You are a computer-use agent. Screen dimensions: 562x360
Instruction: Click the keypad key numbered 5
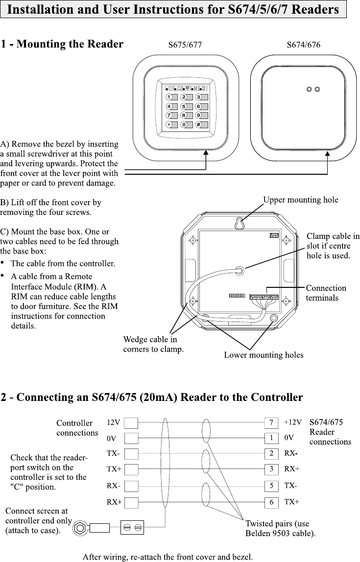184,106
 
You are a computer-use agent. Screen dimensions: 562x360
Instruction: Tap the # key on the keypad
198,124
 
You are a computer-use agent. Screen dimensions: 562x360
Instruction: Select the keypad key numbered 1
169,97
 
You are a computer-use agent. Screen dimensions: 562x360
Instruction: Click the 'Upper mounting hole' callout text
301,200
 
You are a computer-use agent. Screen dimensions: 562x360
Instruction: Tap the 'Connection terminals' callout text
326,293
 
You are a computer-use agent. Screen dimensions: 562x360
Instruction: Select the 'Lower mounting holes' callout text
264,355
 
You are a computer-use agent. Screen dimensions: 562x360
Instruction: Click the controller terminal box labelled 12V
131,422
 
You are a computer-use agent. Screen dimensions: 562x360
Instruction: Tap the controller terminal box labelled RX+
131,502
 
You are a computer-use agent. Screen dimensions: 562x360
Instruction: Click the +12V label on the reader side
293,422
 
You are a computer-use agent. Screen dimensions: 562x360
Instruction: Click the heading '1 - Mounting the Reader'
62,45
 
